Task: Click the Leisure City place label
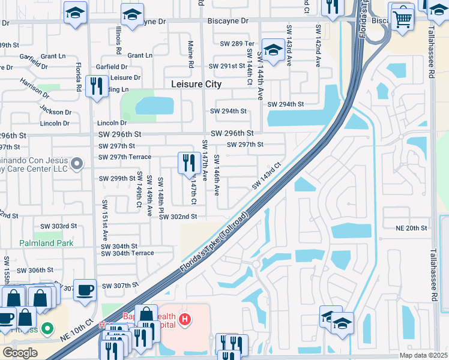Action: tap(196, 85)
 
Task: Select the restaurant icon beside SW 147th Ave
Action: tap(189, 163)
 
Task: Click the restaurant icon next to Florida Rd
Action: tap(96, 86)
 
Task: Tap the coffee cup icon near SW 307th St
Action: tap(85, 290)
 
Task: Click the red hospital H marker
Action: tap(186, 318)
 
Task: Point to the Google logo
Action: tap(20, 353)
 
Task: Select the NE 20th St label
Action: tap(411, 228)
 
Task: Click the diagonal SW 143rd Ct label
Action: tap(267, 175)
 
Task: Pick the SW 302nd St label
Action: tap(178, 217)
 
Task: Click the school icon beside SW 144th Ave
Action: tap(273, 51)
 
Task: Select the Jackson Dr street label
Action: tap(55, 111)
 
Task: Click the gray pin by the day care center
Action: tap(76, 163)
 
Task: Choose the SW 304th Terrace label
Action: tap(127, 253)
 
